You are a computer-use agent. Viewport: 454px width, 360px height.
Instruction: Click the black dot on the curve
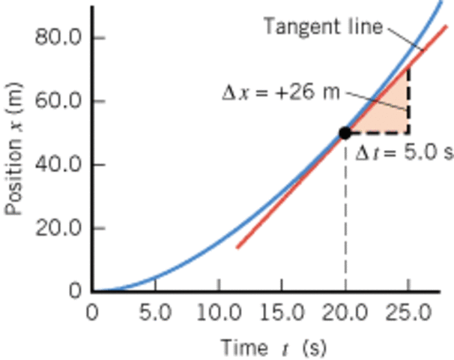click(345, 133)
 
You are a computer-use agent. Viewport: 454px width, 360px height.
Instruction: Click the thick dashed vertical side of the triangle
click(408, 101)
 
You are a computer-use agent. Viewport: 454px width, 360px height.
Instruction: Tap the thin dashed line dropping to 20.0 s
click(345, 217)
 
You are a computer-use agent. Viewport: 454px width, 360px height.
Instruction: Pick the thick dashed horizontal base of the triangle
click(378, 133)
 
